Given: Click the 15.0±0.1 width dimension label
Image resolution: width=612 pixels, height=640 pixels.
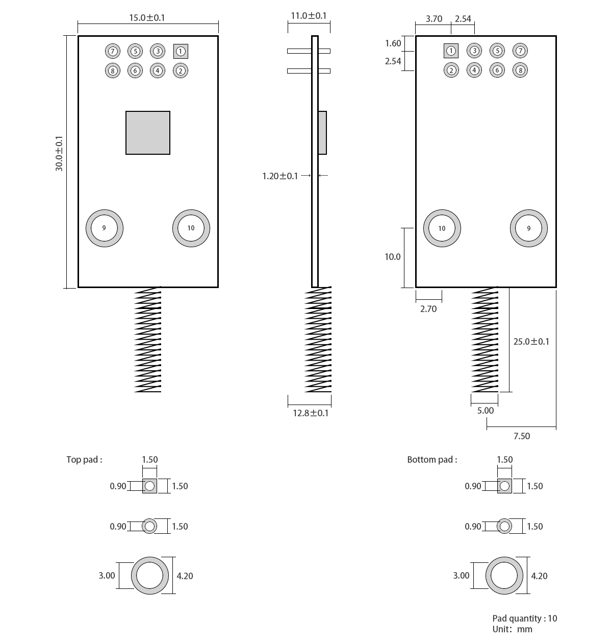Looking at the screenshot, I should [x=147, y=18].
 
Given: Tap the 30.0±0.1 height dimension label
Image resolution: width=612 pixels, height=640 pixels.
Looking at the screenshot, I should [x=59, y=153].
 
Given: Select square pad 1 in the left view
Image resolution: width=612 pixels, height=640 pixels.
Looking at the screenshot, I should [x=181, y=51].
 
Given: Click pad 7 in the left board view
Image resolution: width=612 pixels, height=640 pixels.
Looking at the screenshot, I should [x=113, y=51].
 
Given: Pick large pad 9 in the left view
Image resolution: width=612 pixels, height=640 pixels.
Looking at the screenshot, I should [x=105, y=228].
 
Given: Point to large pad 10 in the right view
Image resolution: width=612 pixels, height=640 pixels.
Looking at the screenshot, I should [x=442, y=228].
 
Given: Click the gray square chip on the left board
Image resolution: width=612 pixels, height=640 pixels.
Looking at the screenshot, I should [x=148, y=133].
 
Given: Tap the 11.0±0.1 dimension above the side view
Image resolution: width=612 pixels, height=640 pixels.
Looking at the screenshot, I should [x=309, y=16].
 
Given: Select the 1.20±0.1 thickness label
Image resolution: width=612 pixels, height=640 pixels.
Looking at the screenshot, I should [x=280, y=176].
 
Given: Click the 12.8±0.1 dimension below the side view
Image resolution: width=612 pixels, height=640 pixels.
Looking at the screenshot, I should [x=311, y=413].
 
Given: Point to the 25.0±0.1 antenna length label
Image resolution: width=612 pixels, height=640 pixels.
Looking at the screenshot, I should [x=531, y=342].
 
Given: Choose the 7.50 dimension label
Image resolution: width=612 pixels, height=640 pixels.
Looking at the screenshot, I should [x=522, y=436].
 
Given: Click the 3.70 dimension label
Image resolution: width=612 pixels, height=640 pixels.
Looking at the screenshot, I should [x=434, y=19].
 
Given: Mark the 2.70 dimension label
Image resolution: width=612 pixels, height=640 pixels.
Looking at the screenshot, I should [x=428, y=309].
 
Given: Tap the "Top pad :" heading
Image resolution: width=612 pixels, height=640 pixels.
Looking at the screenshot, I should [x=84, y=460].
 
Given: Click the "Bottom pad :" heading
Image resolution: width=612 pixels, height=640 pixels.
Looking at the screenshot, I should [x=432, y=460].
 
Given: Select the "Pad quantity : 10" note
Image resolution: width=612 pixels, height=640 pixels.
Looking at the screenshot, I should [x=525, y=619].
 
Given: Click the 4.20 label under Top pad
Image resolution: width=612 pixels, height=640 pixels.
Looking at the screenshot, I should [x=185, y=576].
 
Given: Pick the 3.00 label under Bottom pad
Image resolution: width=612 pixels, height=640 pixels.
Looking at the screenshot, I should [x=461, y=576].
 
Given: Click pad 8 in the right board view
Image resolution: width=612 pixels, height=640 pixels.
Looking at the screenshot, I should [x=520, y=70].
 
